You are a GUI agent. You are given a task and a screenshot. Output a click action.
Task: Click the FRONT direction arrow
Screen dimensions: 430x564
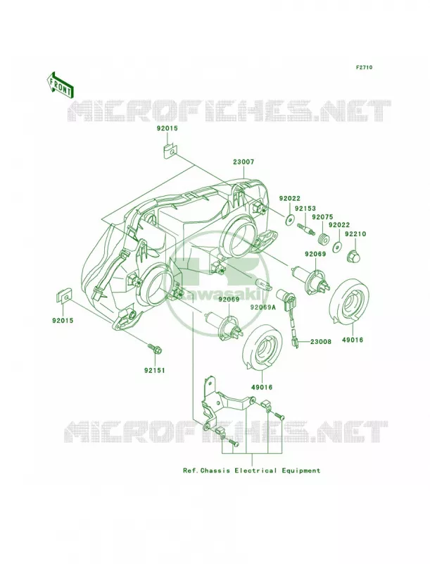(60, 85)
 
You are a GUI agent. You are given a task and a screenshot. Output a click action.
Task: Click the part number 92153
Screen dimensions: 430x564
(305, 208)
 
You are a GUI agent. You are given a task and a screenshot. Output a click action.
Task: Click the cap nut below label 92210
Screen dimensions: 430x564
(353, 255)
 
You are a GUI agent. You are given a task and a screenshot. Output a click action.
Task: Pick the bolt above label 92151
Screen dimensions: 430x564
(154, 348)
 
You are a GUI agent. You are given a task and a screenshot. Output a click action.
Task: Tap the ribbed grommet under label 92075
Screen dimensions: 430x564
(324, 239)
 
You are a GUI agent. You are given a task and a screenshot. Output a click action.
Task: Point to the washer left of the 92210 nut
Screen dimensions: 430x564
(337, 247)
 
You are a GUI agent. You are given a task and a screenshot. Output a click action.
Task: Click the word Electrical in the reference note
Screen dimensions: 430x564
(255, 470)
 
